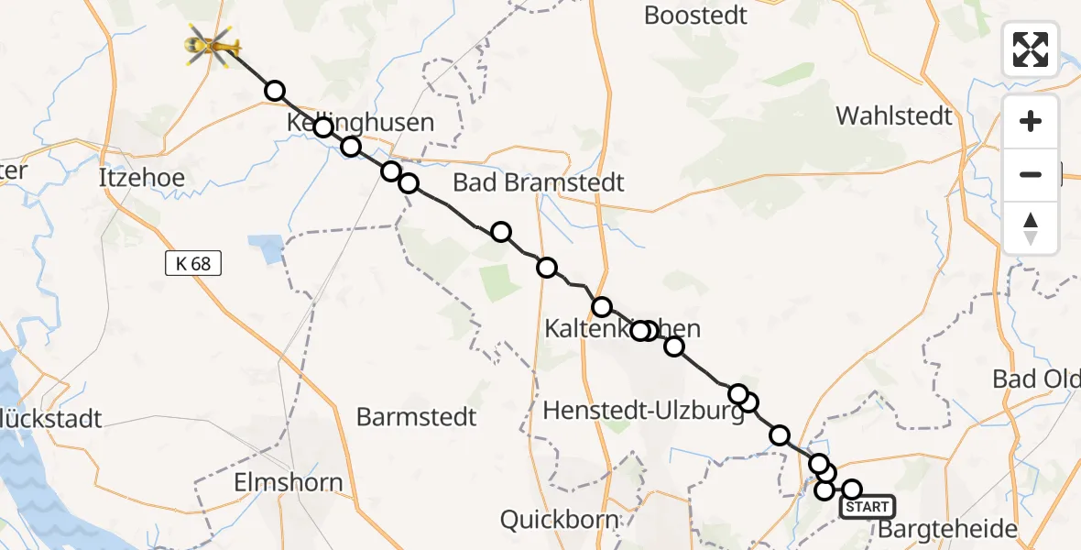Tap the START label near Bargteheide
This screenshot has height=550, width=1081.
pos(866,507)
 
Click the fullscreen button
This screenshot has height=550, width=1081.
pos(1031,49)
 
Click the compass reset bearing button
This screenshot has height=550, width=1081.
pos(1031,227)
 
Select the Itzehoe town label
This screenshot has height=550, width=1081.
pos(141,178)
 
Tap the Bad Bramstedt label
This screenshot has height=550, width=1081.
pos(539,182)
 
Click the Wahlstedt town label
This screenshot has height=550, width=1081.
pos(894,116)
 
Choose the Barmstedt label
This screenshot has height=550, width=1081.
pos(417,417)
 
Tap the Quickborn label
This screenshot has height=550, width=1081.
pos(559,520)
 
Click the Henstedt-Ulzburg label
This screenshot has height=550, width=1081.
pos(643,412)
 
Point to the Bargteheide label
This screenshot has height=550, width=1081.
pos(947,529)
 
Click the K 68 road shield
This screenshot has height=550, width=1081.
pos(193,264)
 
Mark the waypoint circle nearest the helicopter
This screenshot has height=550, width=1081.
pos(274,91)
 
